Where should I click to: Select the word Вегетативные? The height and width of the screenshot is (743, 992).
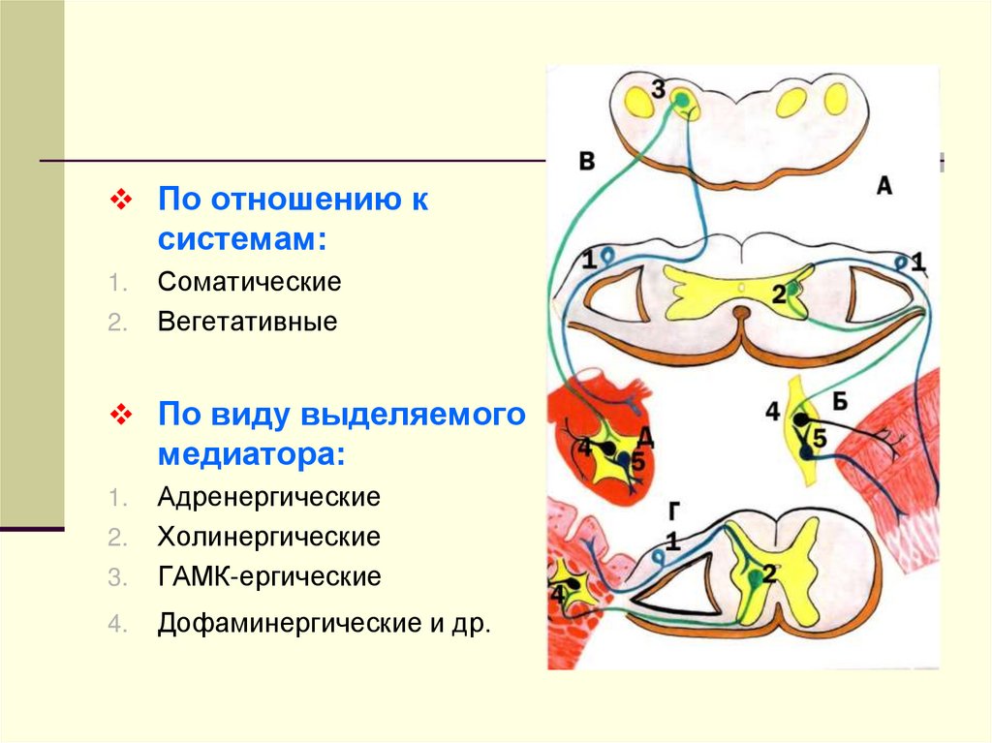pyautogui.click(x=248, y=322)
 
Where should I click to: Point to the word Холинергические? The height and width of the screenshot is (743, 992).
pyautogui.click(x=269, y=537)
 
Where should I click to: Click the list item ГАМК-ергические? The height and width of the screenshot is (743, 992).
pyautogui.click(x=269, y=577)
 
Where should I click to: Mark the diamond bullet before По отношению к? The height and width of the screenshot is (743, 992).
pyautogui.click(x=121, y=201)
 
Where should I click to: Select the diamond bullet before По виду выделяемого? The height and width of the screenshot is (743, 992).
pyautogui.click(x=121, y=415)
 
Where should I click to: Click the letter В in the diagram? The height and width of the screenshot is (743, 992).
pyautogui.click(x=586, y=161)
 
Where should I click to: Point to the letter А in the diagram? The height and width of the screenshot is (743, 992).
pyautogui.click(x=883, y=186)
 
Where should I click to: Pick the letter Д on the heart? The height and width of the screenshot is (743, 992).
pyautogui.click(x=646, y=438)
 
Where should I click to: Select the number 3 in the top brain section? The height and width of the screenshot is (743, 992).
pyautogui.click(x=659, y=91)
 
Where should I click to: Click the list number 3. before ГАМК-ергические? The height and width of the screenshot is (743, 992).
pyautogui.click(x=116, y=578)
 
